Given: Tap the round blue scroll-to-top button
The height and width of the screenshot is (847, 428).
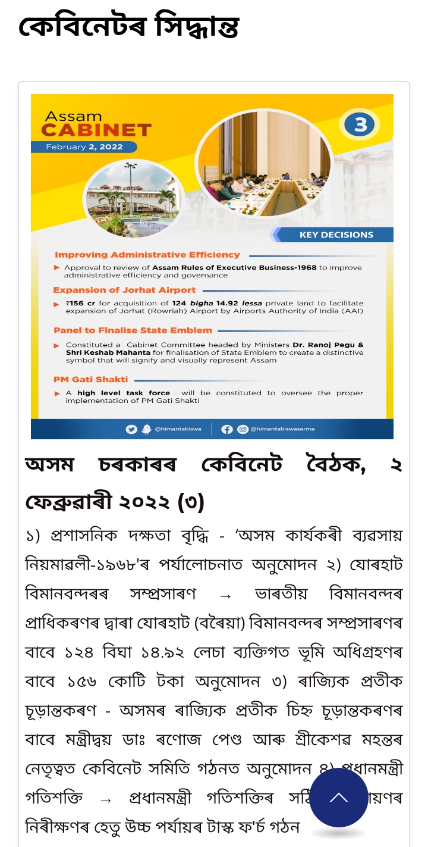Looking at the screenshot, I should pos(339,798).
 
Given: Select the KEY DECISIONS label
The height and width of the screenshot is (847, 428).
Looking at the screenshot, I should pos(336,235).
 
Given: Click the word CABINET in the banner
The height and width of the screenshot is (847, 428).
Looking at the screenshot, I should pos(96,130).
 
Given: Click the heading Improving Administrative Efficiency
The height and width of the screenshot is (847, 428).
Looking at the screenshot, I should pos(147,255).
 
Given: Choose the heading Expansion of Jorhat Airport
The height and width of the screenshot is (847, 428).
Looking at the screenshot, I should pos(124,290).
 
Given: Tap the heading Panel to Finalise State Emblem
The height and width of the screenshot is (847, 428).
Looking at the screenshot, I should pos(133,330).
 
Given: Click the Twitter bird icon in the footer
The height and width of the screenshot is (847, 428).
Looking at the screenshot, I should pos(131,429).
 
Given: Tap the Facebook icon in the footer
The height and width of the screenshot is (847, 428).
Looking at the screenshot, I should pos(226,429).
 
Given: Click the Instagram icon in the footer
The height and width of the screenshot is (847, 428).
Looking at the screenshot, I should pos(243,429).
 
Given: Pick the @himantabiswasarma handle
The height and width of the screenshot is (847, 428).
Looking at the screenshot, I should pos(283,429).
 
